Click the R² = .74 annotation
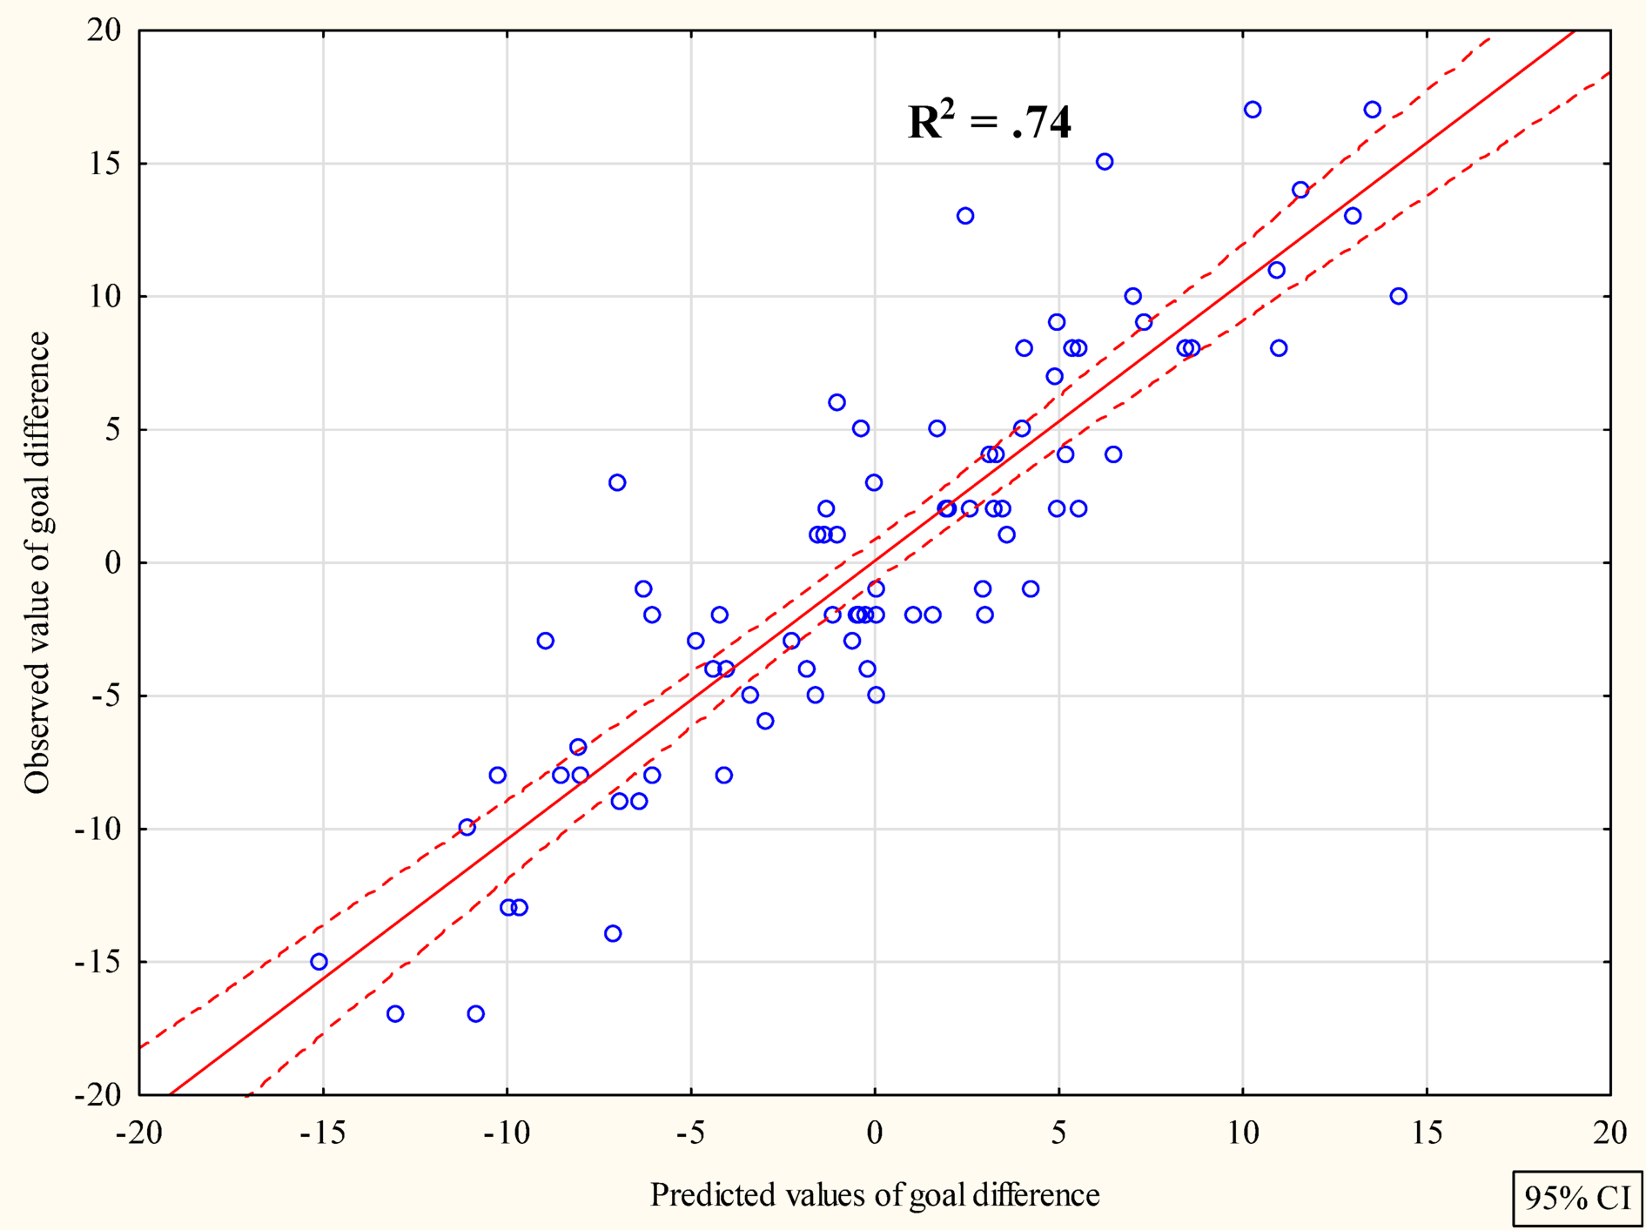pyautogui.click(x=989, y=122)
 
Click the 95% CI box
pyautogui.click(x=1576, y=1199)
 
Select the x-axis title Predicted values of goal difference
pyautogui.click(x=874, y=1194)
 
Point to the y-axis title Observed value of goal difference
pyautogui.click(x=37, y=562)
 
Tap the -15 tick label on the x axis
pyautogui.click(x=322, y=1133)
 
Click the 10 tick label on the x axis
pyautogui.click(x=1242, y=1133)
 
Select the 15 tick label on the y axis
pyautogui.click(x=104, y=164)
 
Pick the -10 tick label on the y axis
pyautogui.click(x=97, y=829)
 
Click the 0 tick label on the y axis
pyautogui.click(x=113, y=562)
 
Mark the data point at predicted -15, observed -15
pyautogui.click(x=319, y=962)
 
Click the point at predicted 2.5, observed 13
pyautogui.click(x=965, y=216)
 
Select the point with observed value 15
pyautogui.click(x=1105, y=162)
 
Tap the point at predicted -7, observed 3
pyautogui.click(x=617, y=482)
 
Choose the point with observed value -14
pyautogui.click(x=613, y=933)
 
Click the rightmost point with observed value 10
pyautogui.click(x=1398, y=296)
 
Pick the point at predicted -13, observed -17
pyautogui.click(x=395, y=1013)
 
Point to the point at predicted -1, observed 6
pyautogui.click(x=836, y=402)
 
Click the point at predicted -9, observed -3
pyautogui.click(x=545, y=641)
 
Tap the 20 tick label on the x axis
pyautogui.click(x=1609, y=1133)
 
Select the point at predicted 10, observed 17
pyautogui.click(x=1253, y=110)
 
